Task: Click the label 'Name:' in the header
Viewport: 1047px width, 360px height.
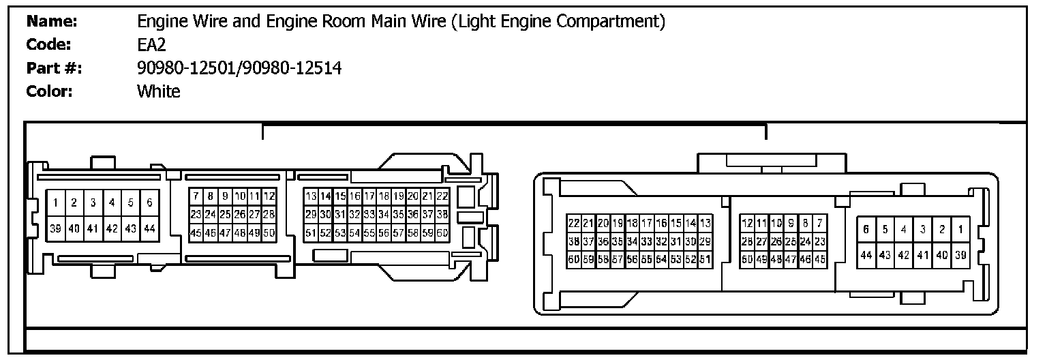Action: [52, 22]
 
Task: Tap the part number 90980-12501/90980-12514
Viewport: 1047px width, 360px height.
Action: [239, 68]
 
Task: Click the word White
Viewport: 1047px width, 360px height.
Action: [159, 91]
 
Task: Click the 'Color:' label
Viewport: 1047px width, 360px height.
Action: [49, 91]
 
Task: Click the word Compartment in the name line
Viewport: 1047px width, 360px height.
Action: [611, 22]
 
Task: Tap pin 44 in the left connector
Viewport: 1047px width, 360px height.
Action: [149, 228]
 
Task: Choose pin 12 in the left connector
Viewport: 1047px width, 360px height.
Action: [270, 196]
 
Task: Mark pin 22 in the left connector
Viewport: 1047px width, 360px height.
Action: [443, 196]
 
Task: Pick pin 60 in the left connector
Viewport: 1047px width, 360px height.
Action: [443, 232]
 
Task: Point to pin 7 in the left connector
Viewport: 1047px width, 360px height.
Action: [196, 196]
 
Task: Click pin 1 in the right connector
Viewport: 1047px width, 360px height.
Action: [960, 229]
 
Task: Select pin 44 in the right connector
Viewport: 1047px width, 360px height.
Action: [866, 254]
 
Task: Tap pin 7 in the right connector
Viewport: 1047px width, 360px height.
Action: [820, 223]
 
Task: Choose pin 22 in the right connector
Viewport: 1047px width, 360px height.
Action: [573, 223]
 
